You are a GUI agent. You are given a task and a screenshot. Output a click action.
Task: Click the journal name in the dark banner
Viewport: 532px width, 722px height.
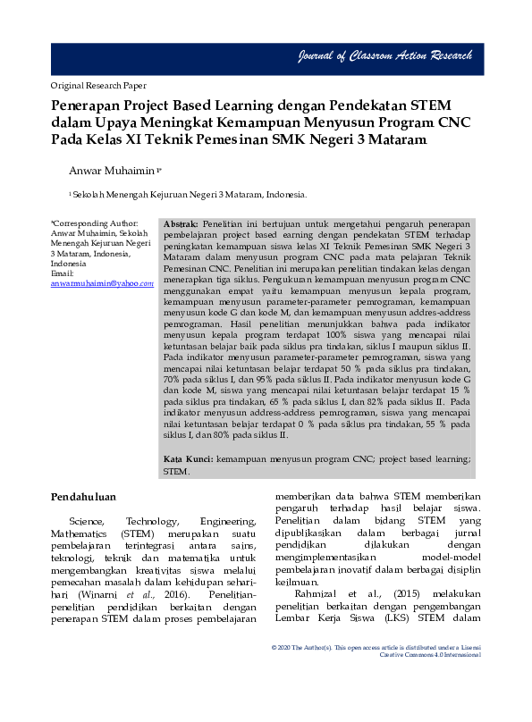tap(384, 57)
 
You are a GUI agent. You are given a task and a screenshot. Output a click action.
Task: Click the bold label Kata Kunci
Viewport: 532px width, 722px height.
tap(188, 458)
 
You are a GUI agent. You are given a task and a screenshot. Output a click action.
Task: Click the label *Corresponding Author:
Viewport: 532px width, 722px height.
tap(95, 223)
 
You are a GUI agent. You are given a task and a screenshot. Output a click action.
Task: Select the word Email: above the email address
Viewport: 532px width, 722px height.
tap(63, 273)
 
